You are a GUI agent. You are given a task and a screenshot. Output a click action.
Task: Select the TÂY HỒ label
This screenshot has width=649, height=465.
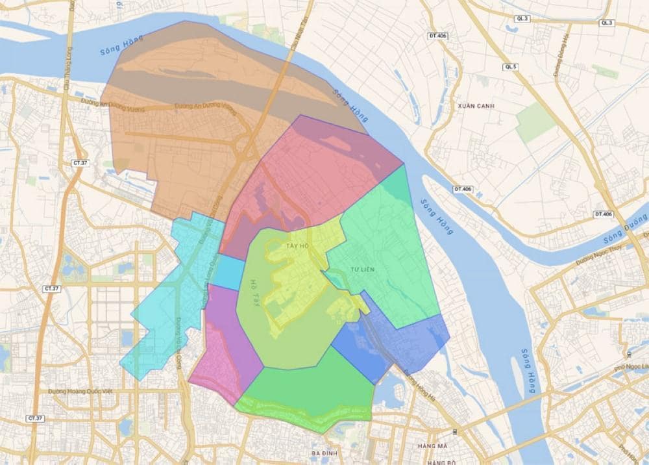pyautogui.click(x=297, y=247)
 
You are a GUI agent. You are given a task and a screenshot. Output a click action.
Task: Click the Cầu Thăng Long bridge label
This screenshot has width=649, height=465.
pyautogui.click(x=67, y=75)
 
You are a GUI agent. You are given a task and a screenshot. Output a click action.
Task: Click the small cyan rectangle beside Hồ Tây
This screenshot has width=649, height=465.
pyautogui.click(x=227, y=273)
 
